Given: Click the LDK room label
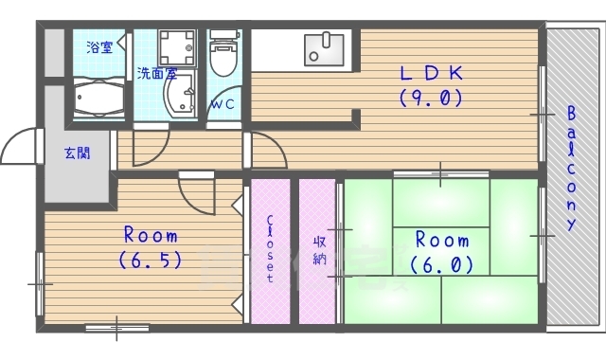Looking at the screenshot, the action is click(x=432, y=73).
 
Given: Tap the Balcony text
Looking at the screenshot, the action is click(x=572, y=169).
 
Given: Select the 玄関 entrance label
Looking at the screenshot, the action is click(x=78, y=153).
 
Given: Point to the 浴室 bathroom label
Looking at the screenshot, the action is click(x=99, y=47).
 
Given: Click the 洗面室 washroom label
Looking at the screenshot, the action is click(x=157, y=73).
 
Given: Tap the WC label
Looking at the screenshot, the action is click(x=223, y=104).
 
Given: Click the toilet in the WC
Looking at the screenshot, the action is click(x=223, y=53).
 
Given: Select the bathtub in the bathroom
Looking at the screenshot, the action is click(x=98, y=99).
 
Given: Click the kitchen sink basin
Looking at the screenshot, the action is click(x=324, y=49).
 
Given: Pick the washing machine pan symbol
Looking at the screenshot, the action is click(x=177, y=47).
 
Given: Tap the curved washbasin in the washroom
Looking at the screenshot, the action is click(x=180, y=95).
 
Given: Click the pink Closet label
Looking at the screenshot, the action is click(x=270, y=248).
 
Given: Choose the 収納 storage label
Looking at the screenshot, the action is click(x=319, y=250).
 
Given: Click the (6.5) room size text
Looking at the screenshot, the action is click(x=151, y=260).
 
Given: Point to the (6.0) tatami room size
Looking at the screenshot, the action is click(x=441, y=265).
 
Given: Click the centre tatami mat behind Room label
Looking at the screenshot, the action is click(x=441, y=251).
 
